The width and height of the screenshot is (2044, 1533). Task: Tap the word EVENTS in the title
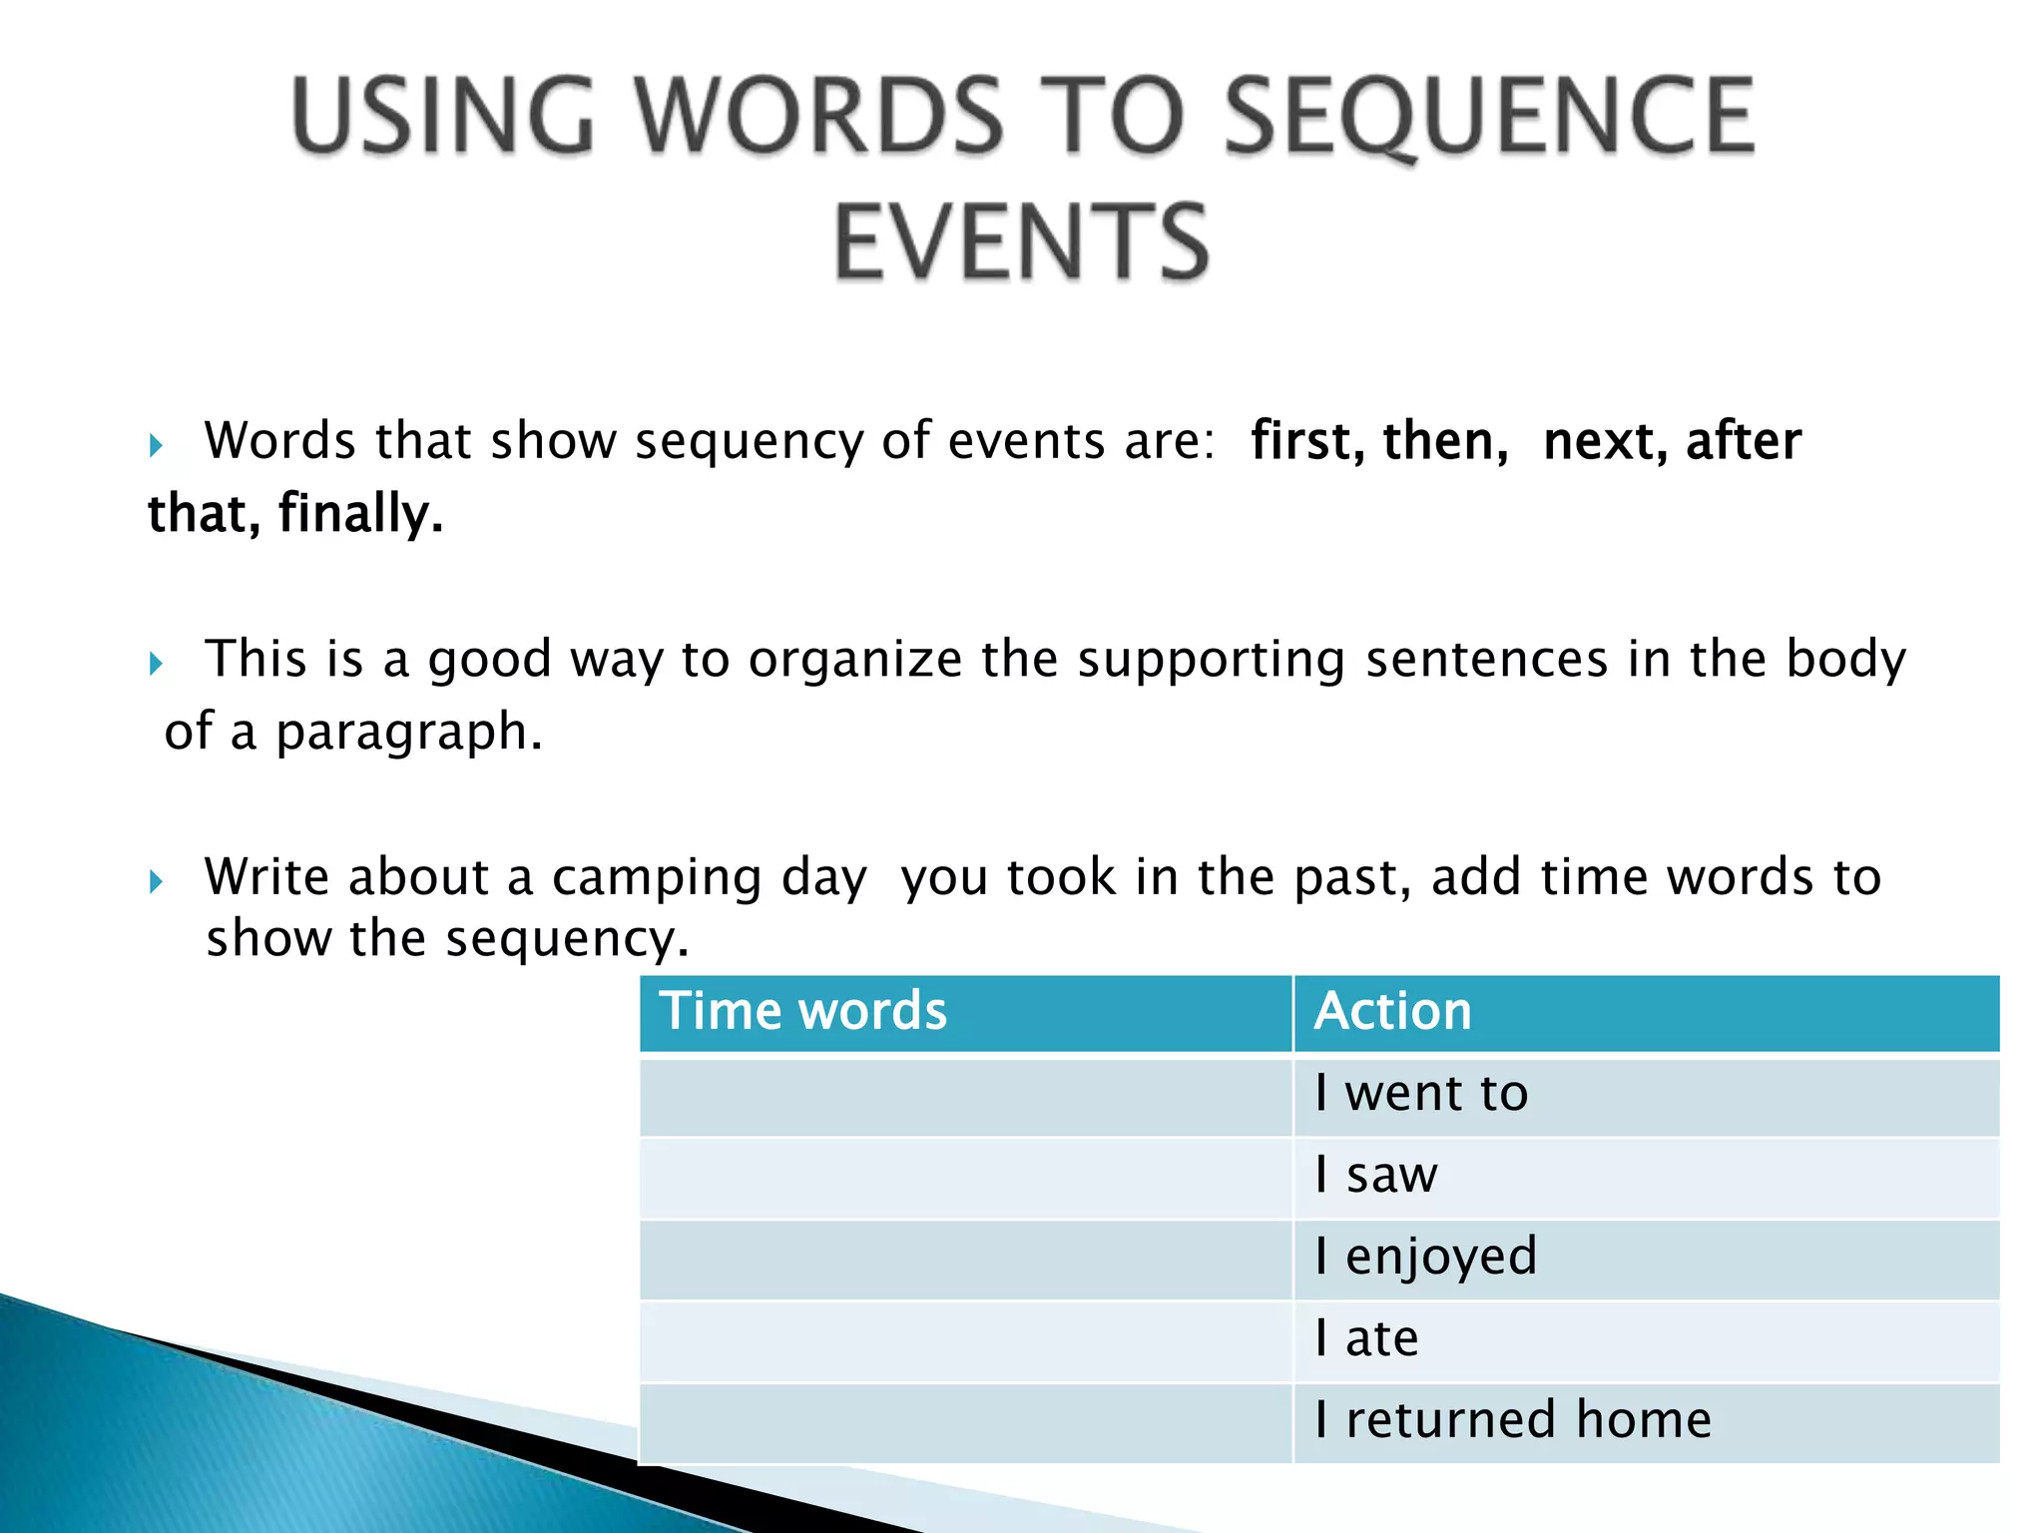pos(1021,243)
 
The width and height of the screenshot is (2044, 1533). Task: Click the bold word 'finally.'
pos(360,514)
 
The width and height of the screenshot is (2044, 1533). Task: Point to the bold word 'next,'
pos(1605,441)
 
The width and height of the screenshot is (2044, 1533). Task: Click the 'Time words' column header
pos(803,1011)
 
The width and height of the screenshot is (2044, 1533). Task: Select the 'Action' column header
pos(1393,1011)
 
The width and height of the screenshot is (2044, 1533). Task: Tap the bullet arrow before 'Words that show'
pos(156,445)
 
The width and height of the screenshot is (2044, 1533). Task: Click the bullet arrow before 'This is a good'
pos(156,664)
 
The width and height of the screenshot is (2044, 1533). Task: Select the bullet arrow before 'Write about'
pos(156,881)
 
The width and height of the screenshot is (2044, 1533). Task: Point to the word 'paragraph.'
pos(409,734)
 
